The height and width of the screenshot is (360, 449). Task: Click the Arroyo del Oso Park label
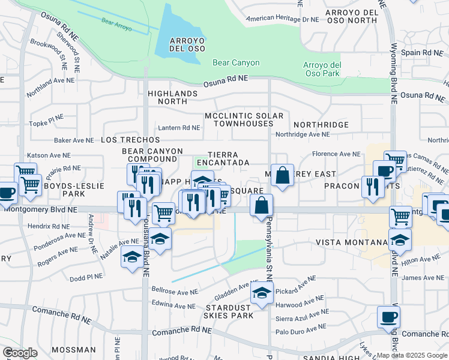[x=322, y=69]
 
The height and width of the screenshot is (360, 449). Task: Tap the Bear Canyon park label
[x=236, y=62]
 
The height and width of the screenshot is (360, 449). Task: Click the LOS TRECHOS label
[x=130, y=140]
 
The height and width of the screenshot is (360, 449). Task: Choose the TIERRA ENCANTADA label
[x=223, y=159]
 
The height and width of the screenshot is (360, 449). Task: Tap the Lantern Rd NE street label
[x=179, y=128]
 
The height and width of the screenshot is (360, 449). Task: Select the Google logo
[x=20, y=353]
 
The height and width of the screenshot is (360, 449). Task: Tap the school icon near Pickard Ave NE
[x=262, y=294]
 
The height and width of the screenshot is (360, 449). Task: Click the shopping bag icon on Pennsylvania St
[x=262, y=205]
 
